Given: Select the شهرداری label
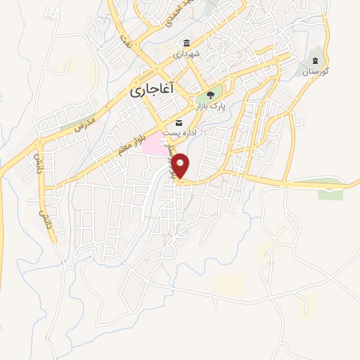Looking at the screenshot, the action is (187, 54).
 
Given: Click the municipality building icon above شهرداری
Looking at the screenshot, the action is (186, 43).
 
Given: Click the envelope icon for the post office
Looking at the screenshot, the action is (179, 123).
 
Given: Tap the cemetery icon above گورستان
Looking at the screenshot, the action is (316, 60).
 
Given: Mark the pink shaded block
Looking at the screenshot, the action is (155, 146).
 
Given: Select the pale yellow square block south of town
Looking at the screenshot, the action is (229, 284).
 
